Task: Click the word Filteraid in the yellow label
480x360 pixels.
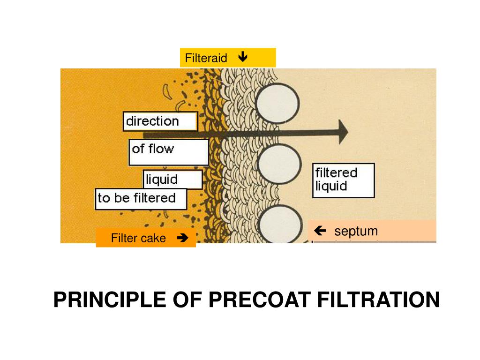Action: coord(206,58)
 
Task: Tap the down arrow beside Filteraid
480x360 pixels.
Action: coord(242,58)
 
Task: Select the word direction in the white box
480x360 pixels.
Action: coord(152,121)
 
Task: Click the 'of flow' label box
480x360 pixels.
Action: coord(168,152)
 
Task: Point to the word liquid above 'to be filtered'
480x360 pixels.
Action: coord(162,179)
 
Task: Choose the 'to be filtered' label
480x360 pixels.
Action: coord(141,198)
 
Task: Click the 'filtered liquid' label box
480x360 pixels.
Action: coord(343,180)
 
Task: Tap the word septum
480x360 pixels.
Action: coord(356,231)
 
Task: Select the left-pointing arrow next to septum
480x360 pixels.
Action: coord(321,231)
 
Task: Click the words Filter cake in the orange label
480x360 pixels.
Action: coord(138,239)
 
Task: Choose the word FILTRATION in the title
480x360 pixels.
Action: coord(379,300)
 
